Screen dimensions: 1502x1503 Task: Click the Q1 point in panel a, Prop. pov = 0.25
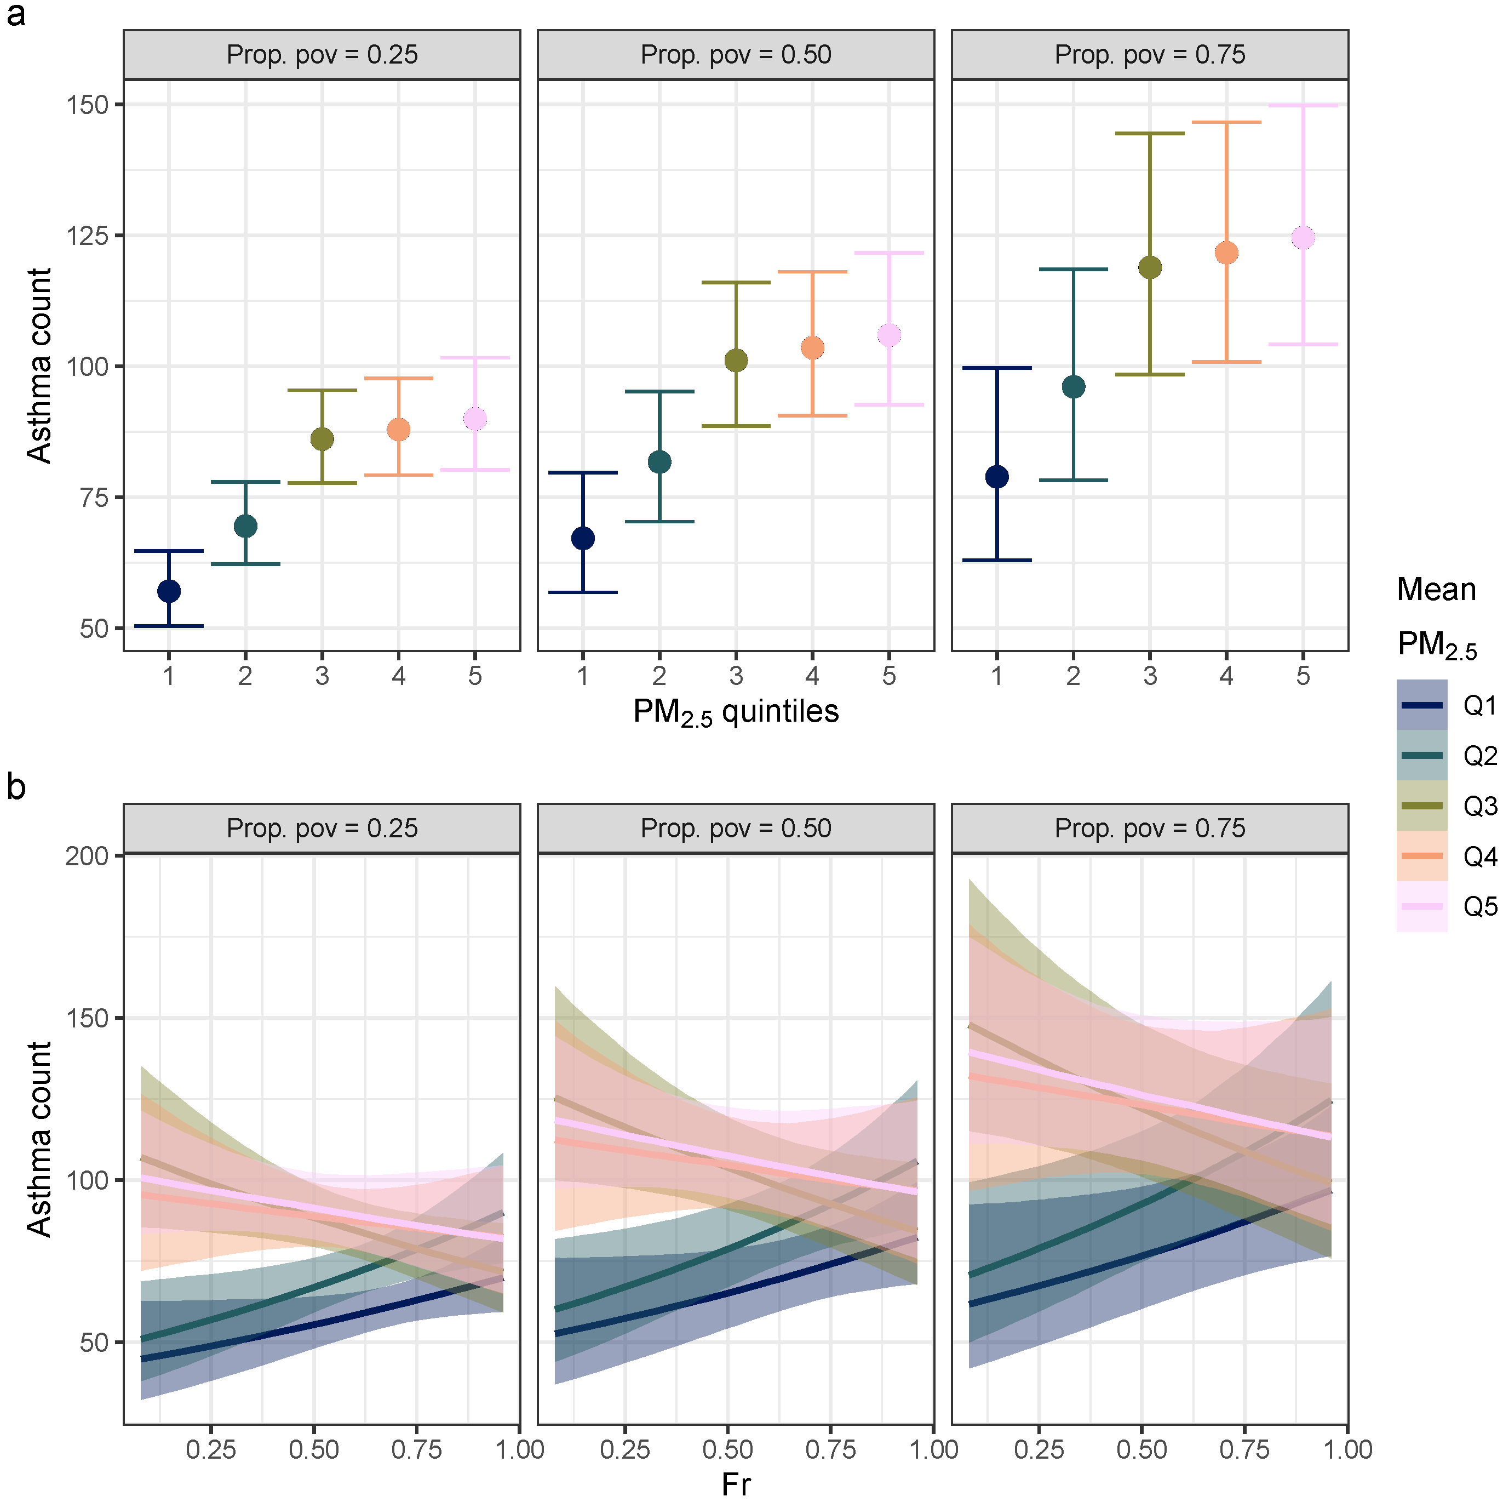pyautogui.click(x=169, y=591)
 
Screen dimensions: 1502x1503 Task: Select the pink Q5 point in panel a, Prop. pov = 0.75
pyautogui.click(x=1303, y=237)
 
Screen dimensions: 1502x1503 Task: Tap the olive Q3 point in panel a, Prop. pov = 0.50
pyautogui.click(x=736, y=361)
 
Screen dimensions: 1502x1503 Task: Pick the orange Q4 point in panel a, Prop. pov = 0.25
pyautogui.click(x=398, y=430)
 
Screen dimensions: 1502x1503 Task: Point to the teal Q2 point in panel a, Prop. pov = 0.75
pyautogui.click(x=1074, y=387)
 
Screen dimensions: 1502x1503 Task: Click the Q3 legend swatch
pyautogui.click(x=1421, y=806)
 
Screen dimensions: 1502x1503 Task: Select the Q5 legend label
pyautogui.click(x=1479, y=907)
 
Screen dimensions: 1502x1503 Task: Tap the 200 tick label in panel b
pyautogui.click(x=87, y=856)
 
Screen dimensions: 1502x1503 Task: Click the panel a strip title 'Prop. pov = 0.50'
pyautogui.click(x=736, y=54)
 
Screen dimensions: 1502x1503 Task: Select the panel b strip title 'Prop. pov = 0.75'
pyautogui.click(x=1150, y=828)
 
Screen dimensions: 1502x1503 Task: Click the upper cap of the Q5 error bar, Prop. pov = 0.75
pyautogui.click(x=1303, y=105)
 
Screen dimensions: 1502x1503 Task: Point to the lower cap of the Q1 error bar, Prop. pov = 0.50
pyautogui.click(x=583, y=593)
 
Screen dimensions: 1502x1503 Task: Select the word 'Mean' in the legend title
pyautogui.click(x=1436, y=590)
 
